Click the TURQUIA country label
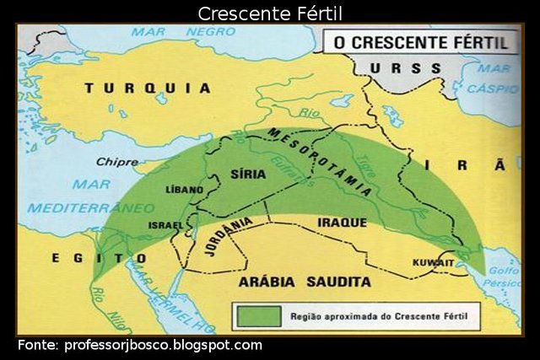coord(148,87)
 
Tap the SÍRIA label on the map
coord(247,175)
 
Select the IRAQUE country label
coord(342,223)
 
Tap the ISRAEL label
coord(165,225)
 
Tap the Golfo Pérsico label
coord(504,277)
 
